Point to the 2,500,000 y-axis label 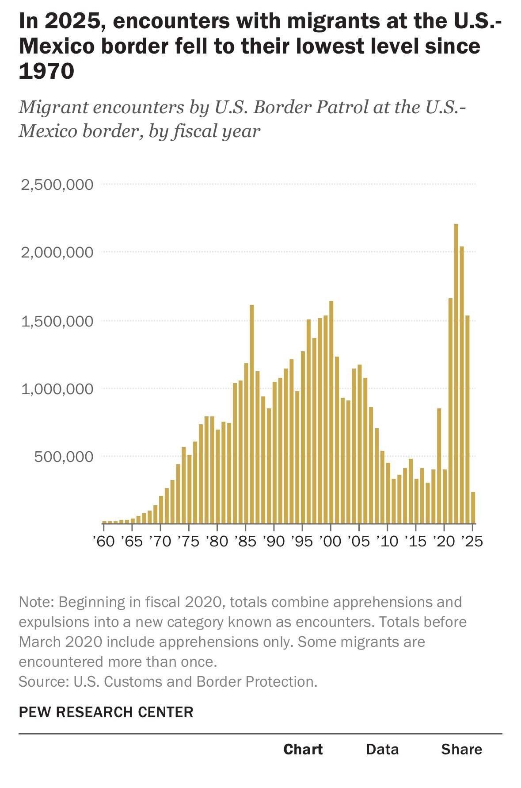pyautogui.click(x=57, y=185)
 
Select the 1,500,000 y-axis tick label pyautogui.click(x=57, y=321)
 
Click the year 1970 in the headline pyautogui.click(x=46, y=71)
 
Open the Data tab pyautogui.click(x=382, y=749)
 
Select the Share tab pyautogui.click(x=461, y=749)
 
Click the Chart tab pyautogui.click(x=303, y=749)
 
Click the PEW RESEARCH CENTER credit pyautogui.click(x=106, y=712)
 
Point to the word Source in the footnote pyautogui.click(x=42, y=681)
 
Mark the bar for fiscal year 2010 pyautogui.click(x=388, y=493)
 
